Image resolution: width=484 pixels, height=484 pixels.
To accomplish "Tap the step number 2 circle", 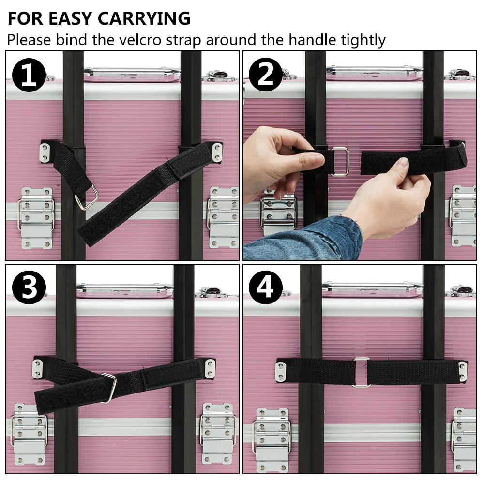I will (265, 75).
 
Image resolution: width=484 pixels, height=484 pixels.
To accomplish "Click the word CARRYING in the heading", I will (144, 18).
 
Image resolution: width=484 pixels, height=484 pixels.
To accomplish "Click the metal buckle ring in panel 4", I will (361, 372).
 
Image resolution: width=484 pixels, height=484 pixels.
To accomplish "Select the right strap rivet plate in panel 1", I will (217, 152).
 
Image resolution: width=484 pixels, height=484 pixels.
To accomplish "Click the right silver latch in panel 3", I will (218, 432).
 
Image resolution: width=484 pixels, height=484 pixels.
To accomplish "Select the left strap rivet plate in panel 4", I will (280, 371).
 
